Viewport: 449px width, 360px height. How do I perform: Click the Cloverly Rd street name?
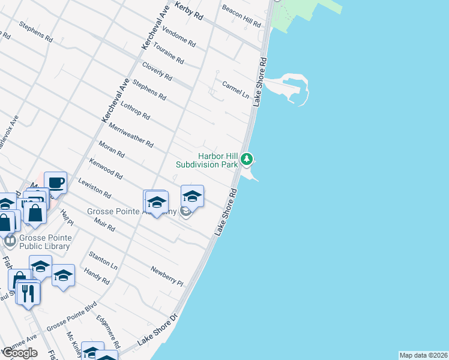pos(157,71)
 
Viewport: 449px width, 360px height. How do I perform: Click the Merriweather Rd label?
pos(131,135)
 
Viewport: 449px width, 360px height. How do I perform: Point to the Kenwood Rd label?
pos(106,169)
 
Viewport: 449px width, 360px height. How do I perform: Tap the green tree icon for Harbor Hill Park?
pos(247,160)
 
